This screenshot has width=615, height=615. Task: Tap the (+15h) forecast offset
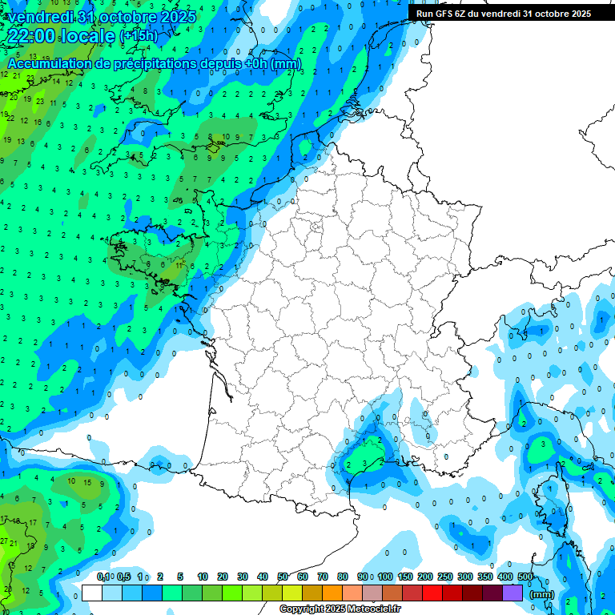coord(139,36)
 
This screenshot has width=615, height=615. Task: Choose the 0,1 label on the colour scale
coord(103,577)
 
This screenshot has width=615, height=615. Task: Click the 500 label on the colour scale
coord(525,577)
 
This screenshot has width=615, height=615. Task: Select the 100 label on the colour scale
coord(384,577)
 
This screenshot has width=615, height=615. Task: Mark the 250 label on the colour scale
coord(444,577)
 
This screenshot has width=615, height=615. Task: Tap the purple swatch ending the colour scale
coord(512,593)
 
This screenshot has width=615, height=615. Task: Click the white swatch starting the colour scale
coord(91,593)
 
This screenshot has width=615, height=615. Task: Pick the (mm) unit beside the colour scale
coord(542,594)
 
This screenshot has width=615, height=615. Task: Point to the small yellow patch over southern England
coord(213,147)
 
